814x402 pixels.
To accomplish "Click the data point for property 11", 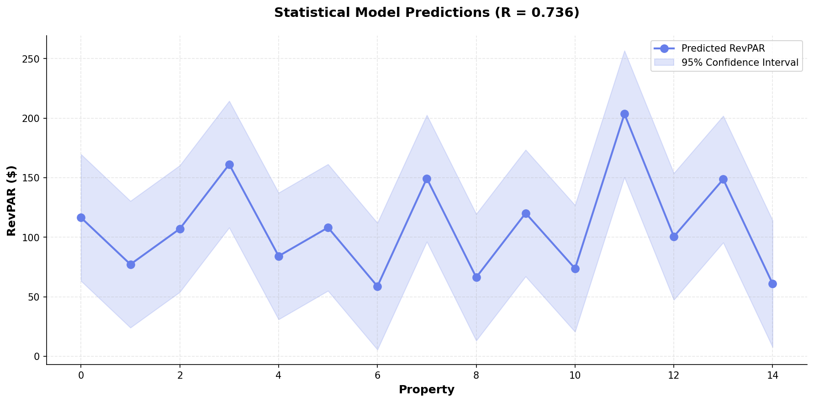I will [x=624, y=114].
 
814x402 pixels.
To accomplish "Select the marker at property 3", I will [x=229, y=164].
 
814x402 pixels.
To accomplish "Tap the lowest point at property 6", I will [x=377, y=286].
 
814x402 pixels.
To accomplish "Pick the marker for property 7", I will [x=427, y=179].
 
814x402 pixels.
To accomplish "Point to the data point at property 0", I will [x=81, y=217].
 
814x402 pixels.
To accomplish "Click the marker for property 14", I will [x=772, y=284].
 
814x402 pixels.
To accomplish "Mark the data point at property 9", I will [x=526, y=213].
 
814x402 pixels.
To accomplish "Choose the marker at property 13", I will [x=723, y=179].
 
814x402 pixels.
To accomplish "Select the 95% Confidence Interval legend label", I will [x=740, y=63].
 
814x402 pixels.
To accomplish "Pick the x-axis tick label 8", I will [x=476, y=376].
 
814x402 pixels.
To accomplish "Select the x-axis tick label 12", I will [x=673, y=376].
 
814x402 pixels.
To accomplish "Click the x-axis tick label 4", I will [x=279, y=376].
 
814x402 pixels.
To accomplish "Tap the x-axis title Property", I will [x=426, y=390].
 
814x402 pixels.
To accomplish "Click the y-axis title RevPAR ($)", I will [x=12, y=201].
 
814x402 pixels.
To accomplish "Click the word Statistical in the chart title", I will [x=304, y=13].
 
